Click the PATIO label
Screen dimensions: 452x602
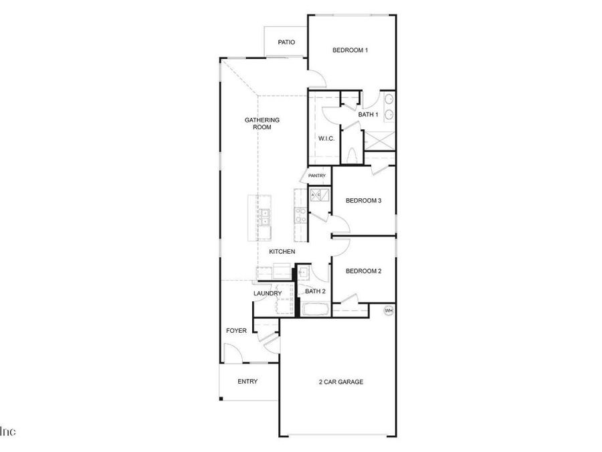[x=287, y=42]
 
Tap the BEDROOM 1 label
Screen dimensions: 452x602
[x=350, y=50]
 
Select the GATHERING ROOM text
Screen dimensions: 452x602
[x=262, y=123]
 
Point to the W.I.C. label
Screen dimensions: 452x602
[x=326, y=139]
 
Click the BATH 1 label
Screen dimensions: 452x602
[x=368, y=115]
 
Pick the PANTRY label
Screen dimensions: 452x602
[x=317, y=176]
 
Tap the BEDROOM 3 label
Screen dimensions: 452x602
[x=363, y=201]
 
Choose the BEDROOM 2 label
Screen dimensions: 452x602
[x=363, y=271]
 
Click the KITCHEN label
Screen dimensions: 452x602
[x=282, y=252]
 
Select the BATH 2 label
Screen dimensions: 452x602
[x=315, y=291]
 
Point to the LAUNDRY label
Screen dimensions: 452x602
[x=267, y=293]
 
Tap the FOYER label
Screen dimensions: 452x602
[x=237, y=331]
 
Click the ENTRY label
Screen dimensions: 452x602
[x=247, y=382]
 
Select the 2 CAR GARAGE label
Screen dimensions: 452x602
[x=340, y=382]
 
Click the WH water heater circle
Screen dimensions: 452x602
[x=388, y=311]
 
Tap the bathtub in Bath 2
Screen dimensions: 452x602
[x=313, y=310]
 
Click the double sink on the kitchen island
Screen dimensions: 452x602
[x=265, y=216]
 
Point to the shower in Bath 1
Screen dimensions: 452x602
[x=379, y=141]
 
